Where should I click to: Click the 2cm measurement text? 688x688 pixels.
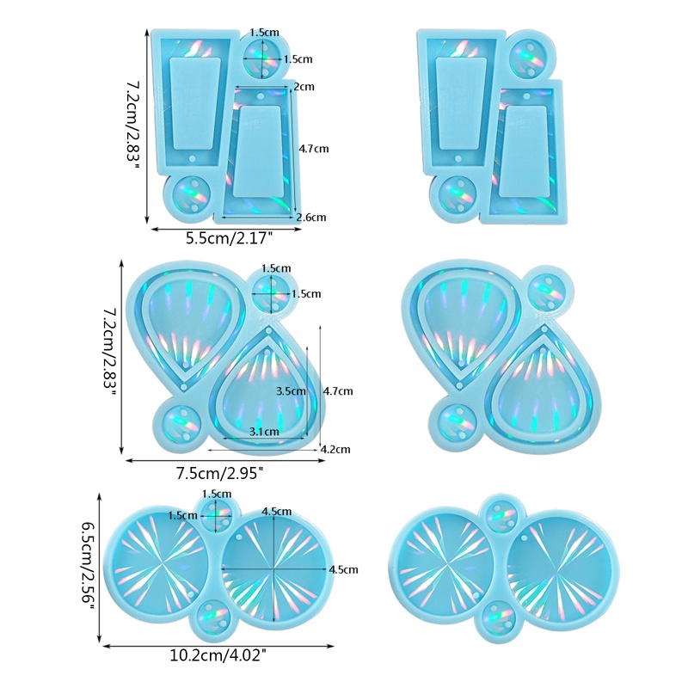pos(303,87)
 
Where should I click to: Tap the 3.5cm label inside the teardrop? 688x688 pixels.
pos(291,390)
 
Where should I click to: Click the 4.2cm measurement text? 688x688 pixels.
pos(334,448)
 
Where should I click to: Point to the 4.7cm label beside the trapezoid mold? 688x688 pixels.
pos(314,149)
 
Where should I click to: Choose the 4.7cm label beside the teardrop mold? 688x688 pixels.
pos(338,391)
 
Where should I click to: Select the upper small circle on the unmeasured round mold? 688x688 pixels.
pos(500,515)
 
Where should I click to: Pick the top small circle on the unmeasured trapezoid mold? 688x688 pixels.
pos(526,57)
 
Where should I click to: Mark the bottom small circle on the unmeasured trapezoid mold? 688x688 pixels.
pos(456,196)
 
